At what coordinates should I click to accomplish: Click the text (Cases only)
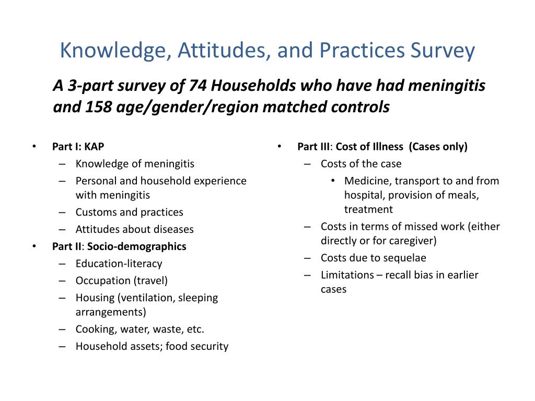coord(438,147)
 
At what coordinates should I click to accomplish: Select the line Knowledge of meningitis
coord(135,164)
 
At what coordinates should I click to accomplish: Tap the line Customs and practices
coord(129,213)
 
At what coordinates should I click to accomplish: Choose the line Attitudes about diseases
coord(134,229)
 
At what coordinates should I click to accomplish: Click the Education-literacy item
coord(119,264)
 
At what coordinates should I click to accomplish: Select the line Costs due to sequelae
coord(373,258)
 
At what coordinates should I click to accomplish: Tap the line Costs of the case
coord(361,164)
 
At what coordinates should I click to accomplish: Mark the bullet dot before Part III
coord(280,147)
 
